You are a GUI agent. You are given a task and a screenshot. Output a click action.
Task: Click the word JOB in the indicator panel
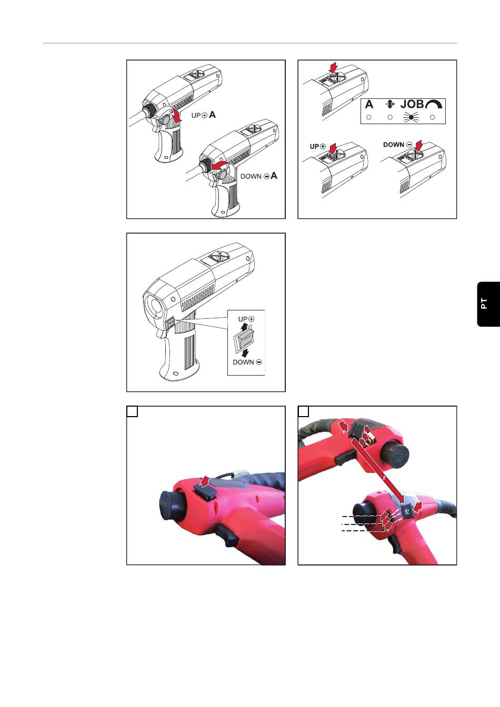click(x=412, y=104)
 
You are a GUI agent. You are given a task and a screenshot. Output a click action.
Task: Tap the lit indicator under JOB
click(x=411, y=117)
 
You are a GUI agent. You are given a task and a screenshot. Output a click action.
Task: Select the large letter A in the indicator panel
click(x=369, y=104)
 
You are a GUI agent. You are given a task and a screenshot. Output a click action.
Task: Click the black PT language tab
click(x=488, y=304)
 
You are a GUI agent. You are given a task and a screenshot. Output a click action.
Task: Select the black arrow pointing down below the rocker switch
click(x=245, y=353)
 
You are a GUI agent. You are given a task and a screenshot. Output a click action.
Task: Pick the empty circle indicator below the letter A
click(x=368, y=117)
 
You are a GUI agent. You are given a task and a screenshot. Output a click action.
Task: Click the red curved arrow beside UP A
click(x=176, y=116)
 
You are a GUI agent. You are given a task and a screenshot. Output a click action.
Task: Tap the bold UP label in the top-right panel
click(x=314, y=146)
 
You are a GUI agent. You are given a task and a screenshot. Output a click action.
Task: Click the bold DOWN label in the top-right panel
click(x=394, y=145)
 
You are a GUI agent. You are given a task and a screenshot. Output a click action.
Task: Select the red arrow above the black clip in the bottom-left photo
click(x=205, y=481)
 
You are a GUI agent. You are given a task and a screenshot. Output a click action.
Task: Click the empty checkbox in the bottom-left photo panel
click(x=132, y=411)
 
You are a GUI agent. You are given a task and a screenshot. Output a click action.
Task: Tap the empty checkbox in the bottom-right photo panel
click(x=304, y=411)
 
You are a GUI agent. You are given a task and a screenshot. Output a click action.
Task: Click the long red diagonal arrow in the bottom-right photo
click(x=379, y=470)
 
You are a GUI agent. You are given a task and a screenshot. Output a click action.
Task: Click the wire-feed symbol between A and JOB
click(x=391, y=104)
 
